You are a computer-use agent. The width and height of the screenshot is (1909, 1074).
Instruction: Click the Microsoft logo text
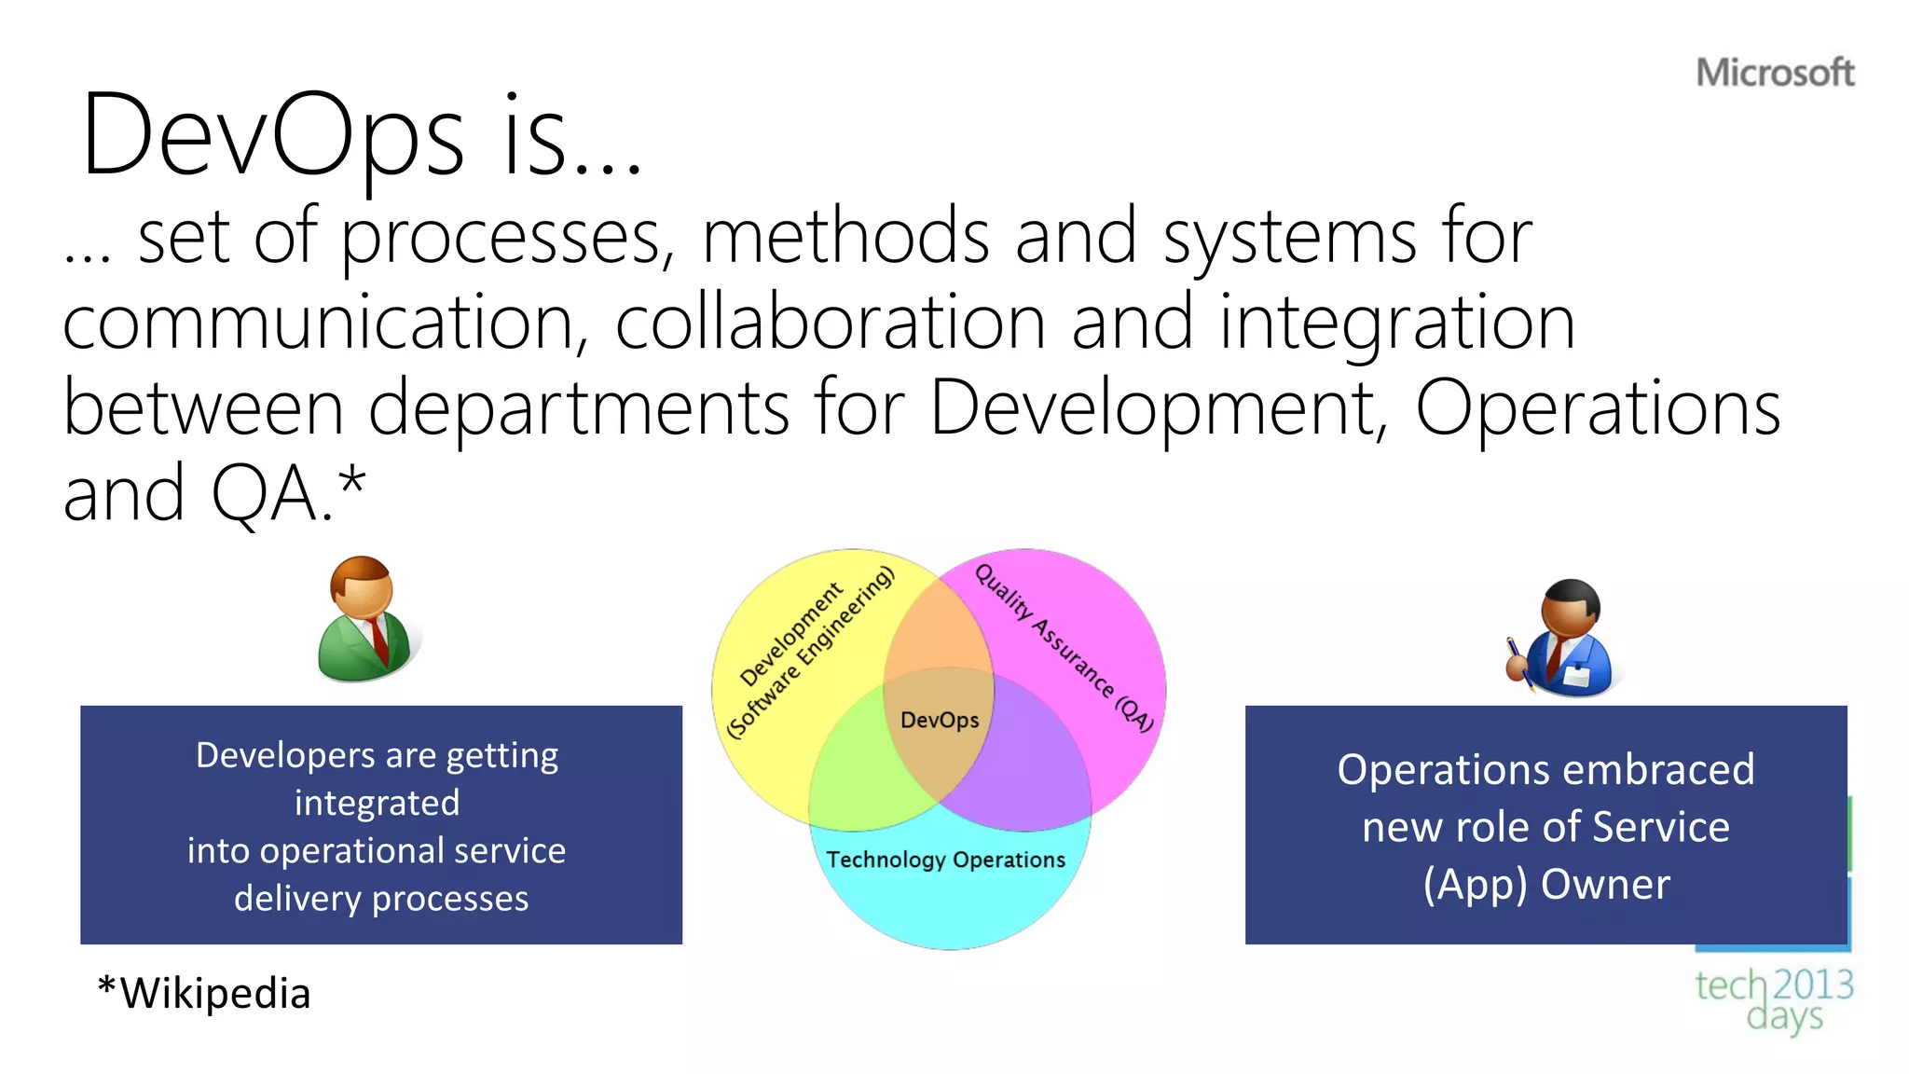click(1775, 73)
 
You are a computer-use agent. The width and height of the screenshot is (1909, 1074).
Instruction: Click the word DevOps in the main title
click(272, 135)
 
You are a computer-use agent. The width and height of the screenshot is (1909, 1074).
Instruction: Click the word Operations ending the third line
click(1598, 408)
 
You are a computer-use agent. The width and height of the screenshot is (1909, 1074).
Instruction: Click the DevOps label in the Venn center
click(940, 720)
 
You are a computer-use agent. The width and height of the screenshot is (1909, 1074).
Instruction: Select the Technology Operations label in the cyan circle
click(945, 860)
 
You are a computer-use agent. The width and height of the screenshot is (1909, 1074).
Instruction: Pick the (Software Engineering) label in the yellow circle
click(809, 653)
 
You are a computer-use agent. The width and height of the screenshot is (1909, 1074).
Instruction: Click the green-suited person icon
click(364, 620)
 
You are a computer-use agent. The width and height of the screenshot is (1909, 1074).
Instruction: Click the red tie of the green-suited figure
click(378, 640)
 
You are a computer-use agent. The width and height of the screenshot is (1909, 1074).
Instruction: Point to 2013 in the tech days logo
click(1813, 984)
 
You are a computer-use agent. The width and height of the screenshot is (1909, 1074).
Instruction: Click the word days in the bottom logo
click(1784, 1017)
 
